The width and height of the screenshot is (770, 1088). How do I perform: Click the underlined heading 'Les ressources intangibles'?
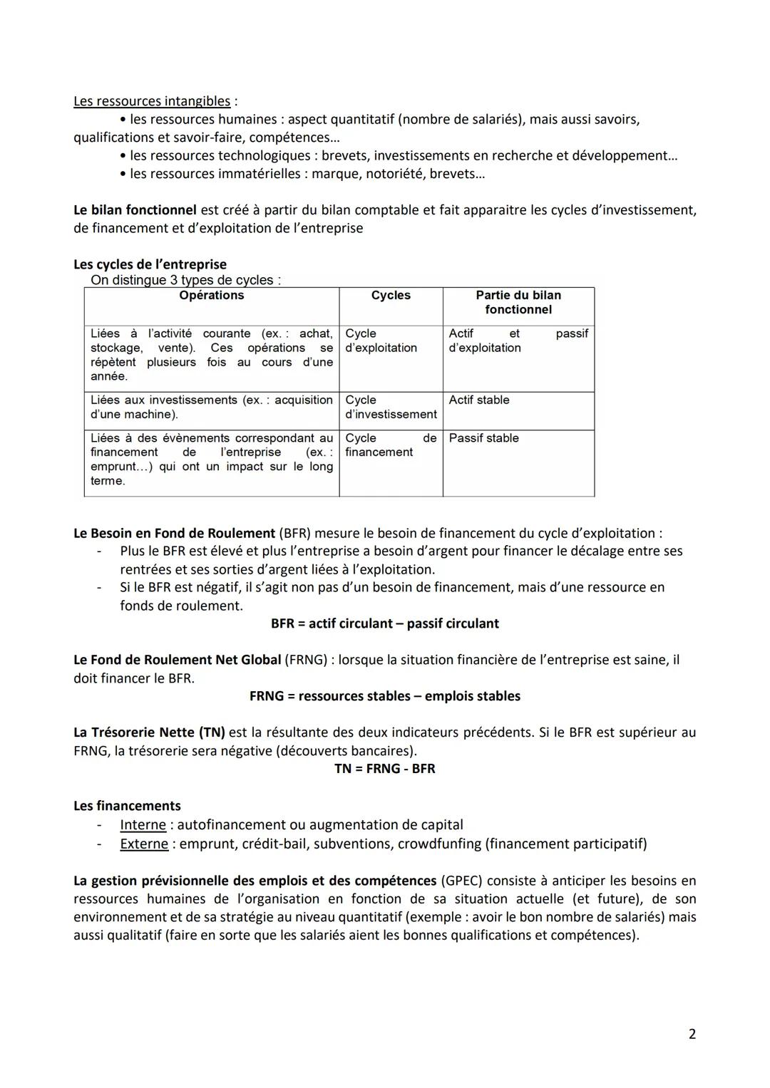152,101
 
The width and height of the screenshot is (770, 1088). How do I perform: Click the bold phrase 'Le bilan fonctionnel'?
135,210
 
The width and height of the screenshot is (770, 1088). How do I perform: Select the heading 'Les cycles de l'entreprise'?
150,264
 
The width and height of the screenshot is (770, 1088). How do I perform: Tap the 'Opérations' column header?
212,296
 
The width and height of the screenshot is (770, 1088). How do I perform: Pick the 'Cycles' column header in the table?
391,296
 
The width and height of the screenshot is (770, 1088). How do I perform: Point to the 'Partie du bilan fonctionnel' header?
518,303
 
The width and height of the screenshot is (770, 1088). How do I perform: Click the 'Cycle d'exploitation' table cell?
381,341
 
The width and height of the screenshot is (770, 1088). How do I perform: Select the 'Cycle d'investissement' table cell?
391,408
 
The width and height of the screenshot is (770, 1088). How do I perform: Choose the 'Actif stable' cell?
479,400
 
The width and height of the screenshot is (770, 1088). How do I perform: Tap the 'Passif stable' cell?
483,438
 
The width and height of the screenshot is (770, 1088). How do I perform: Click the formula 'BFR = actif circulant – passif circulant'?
385,623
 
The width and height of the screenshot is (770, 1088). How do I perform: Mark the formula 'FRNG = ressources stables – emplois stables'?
385,696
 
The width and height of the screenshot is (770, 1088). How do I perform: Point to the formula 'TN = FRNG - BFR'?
385,769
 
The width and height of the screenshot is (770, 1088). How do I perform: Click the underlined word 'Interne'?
143,825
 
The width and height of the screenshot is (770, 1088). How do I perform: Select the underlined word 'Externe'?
144,844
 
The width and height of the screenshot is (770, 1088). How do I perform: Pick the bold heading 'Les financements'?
127,806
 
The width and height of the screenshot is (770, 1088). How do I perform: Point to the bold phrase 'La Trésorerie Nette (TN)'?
149,732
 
